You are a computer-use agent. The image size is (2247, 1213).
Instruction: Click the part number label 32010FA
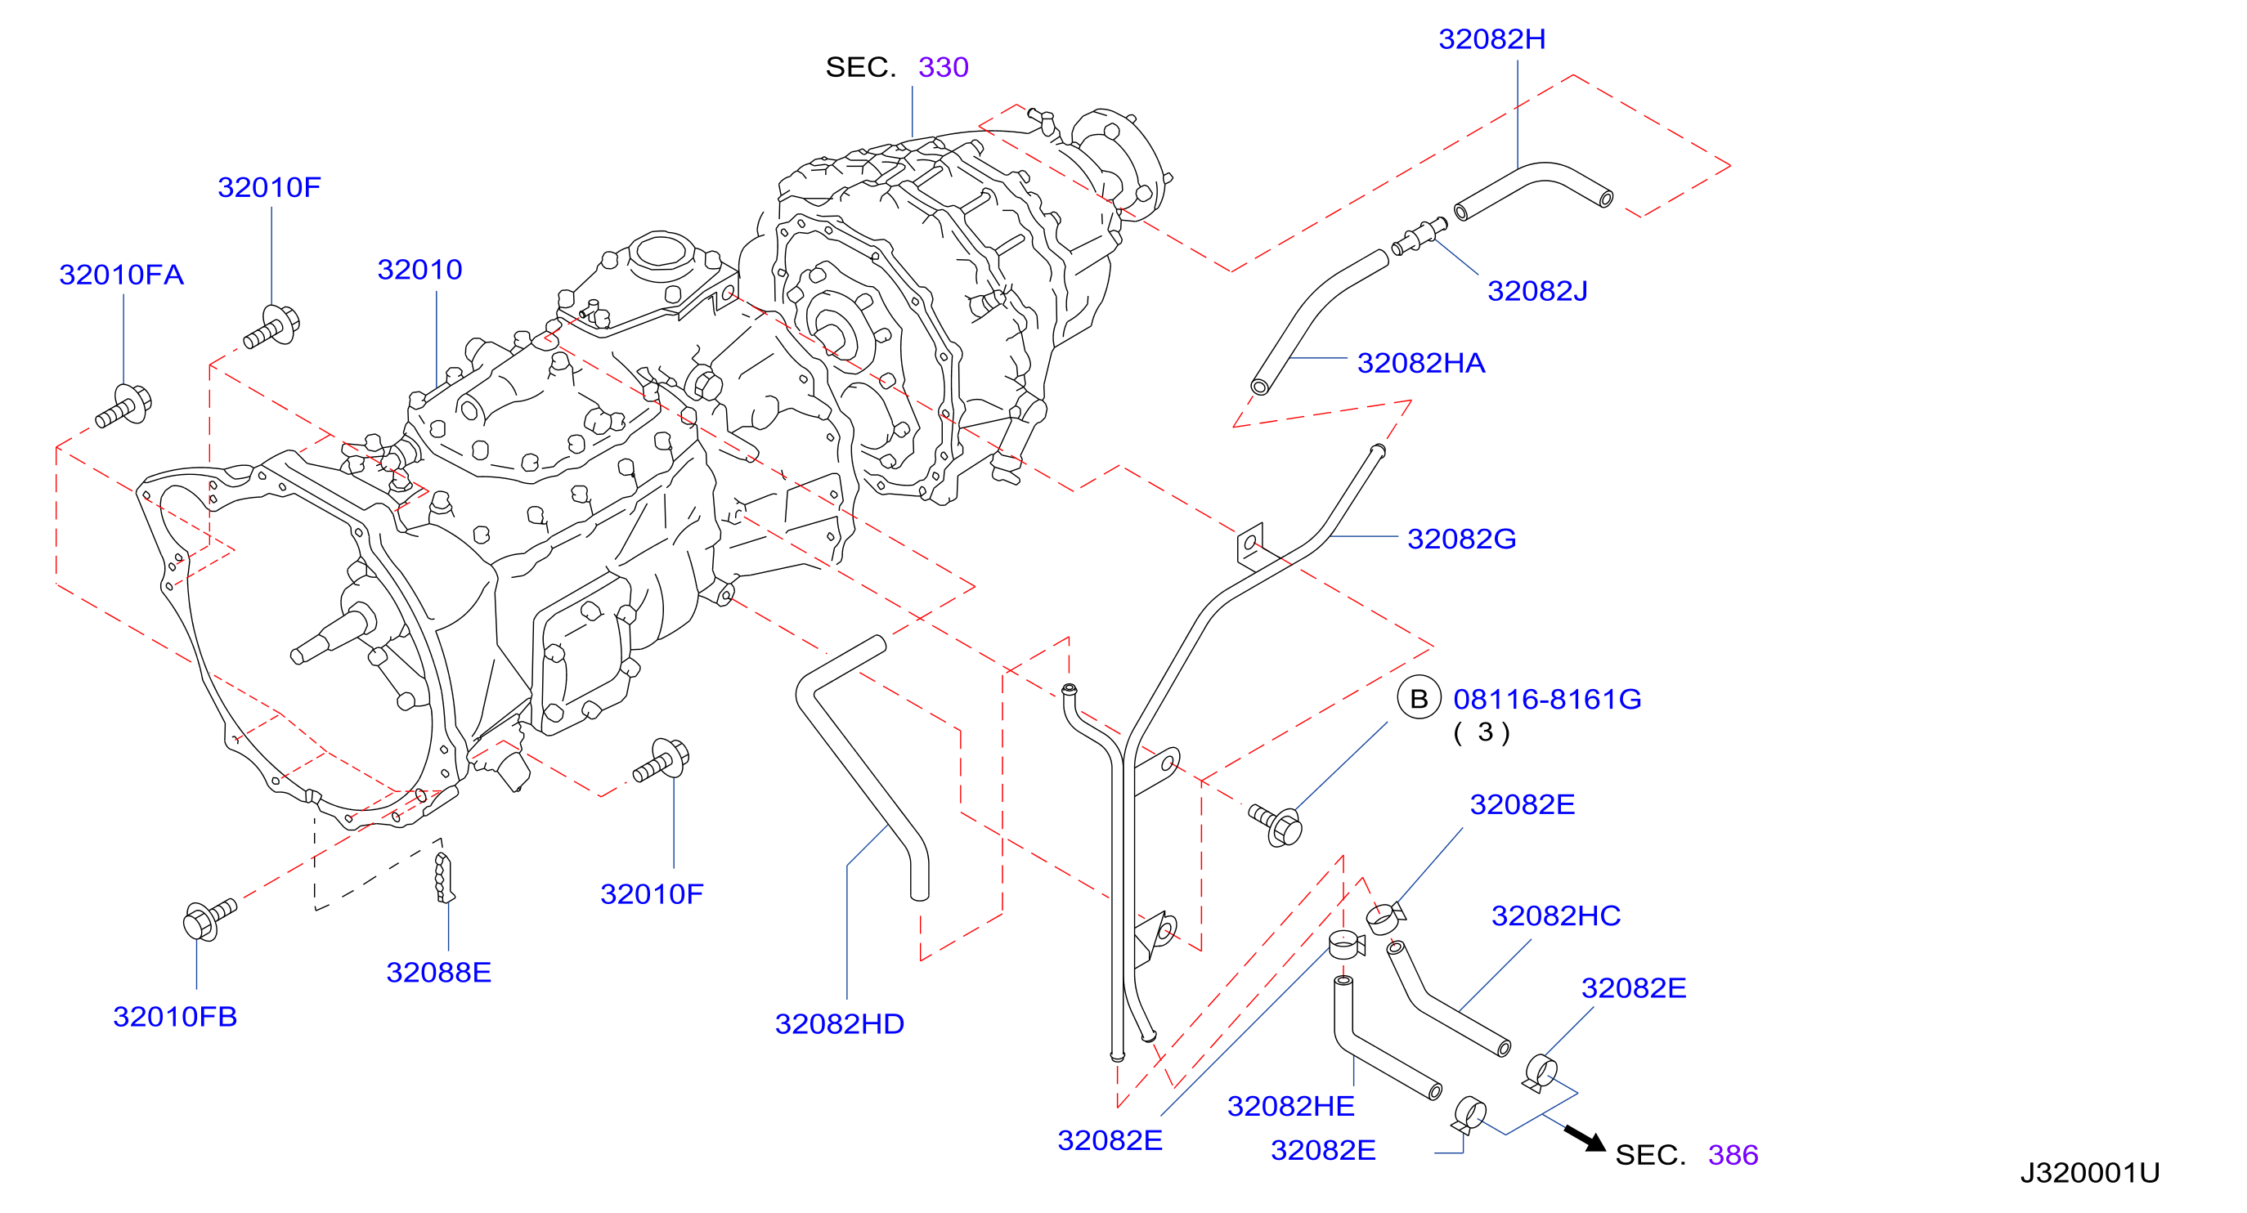click(x=121, y=275)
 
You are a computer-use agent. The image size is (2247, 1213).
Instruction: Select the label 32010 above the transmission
click(x=419, y=270)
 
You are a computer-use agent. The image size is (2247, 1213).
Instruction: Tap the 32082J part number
click(x=1537, y=290)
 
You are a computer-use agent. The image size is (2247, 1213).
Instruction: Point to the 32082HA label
click(x=1421, y=363)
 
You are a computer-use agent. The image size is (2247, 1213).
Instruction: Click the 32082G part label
click(x=1462, y=539)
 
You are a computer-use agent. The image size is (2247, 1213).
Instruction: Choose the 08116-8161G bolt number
click(x=1547, y=699)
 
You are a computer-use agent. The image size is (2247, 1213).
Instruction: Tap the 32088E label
click(x=439, y=973)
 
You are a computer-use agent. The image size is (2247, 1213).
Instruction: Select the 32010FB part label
click(x=175, y=1017)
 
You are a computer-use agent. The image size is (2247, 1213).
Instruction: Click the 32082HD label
click(x=839, y=1023)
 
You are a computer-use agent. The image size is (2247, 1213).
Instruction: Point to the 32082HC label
click(x=1556, y=915)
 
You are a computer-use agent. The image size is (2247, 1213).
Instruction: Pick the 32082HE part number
click(x=1291, y=1106)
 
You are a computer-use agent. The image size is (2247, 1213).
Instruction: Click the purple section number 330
click(x=944, y=67)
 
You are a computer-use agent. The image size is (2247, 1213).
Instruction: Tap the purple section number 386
click(x=1733, y=1155)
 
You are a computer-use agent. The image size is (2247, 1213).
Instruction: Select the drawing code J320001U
click(x=2090, y=1173)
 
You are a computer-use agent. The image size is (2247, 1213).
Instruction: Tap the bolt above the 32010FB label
click(x=209, y=919)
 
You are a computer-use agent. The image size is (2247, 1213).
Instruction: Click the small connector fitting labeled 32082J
click(x=1420, y=236)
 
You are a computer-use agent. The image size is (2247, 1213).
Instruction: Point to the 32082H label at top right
click(x=1491, y=39)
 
